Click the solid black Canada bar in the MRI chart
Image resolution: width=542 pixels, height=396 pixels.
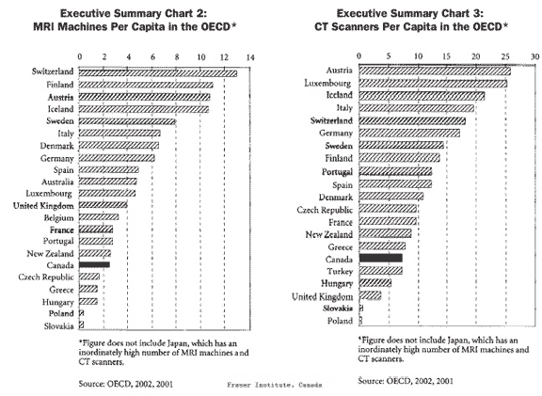click(x=94, y=264)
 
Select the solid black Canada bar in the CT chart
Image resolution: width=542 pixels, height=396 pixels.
click(x=380, y=258)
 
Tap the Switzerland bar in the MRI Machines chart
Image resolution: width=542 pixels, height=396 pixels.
click(x=158, y=73)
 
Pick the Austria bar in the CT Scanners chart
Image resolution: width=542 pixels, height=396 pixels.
click(x=435, y=71)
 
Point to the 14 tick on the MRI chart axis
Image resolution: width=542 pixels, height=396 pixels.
click(x=250, y=57)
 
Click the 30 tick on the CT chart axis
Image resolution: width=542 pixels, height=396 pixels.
click(x=534, y=56)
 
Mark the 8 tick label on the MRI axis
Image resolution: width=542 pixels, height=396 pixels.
click(x=177, y=57)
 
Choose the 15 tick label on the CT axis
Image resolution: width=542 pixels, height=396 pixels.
click(x=447, y=56)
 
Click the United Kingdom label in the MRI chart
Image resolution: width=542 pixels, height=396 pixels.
click(x=43, y=206)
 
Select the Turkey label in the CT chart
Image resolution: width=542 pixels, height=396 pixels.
click(x=340, y=271)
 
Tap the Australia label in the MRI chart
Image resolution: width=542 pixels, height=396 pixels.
click(x=57, y=182)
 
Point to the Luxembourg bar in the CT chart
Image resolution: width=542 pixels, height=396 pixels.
click(x=433, y=84)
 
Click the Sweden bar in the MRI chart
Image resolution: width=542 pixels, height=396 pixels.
click(x=128, y=121)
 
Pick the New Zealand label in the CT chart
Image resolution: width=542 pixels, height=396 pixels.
click(x=329, y=234)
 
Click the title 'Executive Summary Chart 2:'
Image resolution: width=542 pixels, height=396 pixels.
click(x=134, y=13)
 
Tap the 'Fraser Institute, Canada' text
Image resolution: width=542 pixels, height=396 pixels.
click(x=275, y=385)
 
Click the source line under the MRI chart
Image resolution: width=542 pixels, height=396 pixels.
click(x=126, y=384)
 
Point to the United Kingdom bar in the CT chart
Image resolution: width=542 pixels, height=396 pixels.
click(x=370, y=295)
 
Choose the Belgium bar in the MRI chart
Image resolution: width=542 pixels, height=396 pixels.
click(x=99, y=217)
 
